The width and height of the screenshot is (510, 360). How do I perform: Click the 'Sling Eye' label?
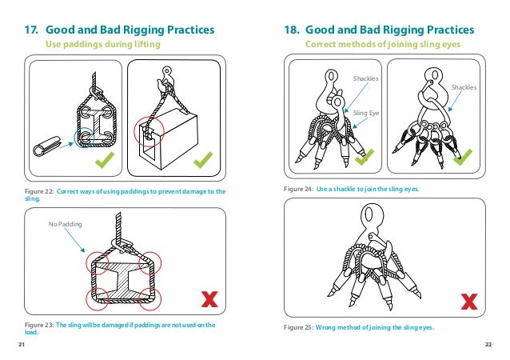pyautogui.click(x=365, y=114)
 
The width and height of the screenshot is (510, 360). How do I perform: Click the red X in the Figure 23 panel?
pyautogui.click(x=209, y=299)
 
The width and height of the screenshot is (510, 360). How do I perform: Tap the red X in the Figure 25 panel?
pyautogui.click(x=470, y=301)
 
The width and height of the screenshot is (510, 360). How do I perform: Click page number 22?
pyautogui.click(x=488, y=344)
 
